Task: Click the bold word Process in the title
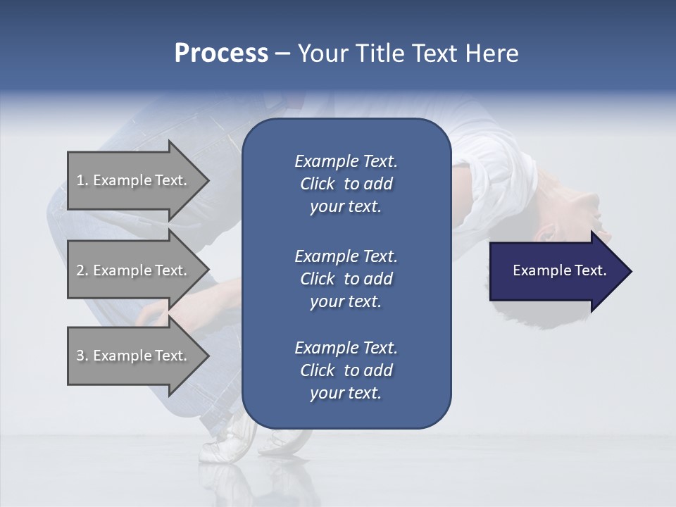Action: click(220, 54)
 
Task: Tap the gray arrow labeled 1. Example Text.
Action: click(134, 180)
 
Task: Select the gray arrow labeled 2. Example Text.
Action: click(134, 270)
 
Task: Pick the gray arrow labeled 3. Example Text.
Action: click(134, 356)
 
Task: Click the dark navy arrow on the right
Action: click(556, 271)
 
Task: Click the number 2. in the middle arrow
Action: click(82, 270)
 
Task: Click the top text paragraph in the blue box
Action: click(346, 184)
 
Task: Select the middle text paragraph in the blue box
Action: click(346, 279)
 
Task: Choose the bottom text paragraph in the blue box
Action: click(346, 370)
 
